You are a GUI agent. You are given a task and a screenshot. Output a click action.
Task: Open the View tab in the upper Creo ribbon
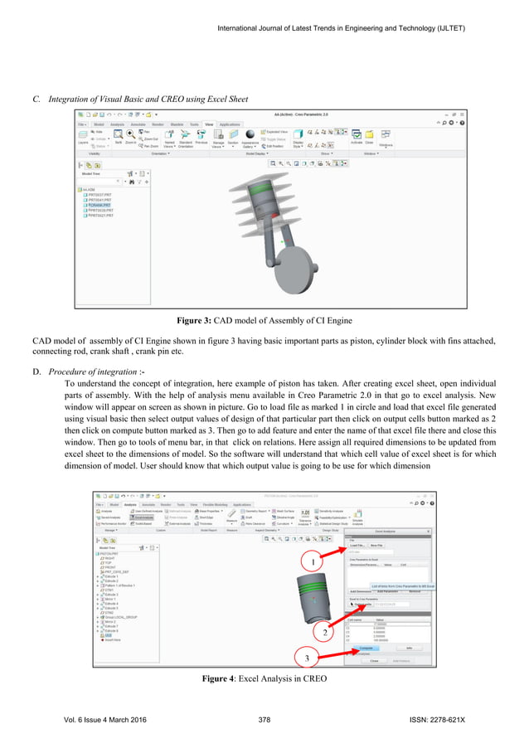pyautogui.click(x=208, y=124)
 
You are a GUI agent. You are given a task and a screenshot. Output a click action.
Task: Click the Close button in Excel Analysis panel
pyautogui.click(x=374, y=660)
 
